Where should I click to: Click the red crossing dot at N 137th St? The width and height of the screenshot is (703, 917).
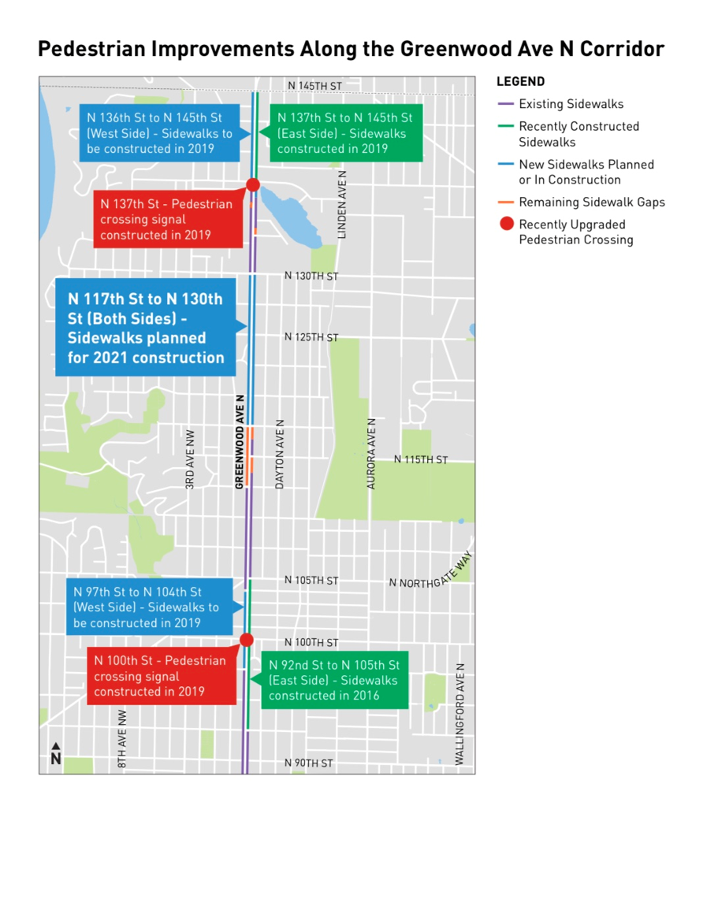(253, 185)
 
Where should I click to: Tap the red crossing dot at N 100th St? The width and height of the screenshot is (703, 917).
(246, 640)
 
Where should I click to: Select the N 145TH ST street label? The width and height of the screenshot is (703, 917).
(314, 85)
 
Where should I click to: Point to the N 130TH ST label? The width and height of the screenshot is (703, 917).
(311, 277)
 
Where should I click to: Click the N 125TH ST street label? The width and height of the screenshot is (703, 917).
(311, 337)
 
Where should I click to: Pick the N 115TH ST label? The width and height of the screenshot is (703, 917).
(421, 459)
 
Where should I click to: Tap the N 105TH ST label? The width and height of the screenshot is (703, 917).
(311, 581)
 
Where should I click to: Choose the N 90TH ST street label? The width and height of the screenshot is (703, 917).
(309, 763)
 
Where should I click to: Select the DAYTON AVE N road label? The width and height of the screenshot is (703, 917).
(280, 455)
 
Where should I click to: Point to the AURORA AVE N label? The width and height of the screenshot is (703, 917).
(372, 455)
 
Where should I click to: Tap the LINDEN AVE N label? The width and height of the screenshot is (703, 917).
(342, 205)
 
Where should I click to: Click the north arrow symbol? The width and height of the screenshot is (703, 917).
(56, 753)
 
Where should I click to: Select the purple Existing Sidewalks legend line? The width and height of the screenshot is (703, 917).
(506, 104)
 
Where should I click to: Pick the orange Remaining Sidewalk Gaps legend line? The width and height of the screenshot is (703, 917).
(506, 202)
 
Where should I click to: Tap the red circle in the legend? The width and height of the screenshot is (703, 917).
(507, 225)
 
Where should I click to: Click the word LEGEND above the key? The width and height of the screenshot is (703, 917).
(520, 82)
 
